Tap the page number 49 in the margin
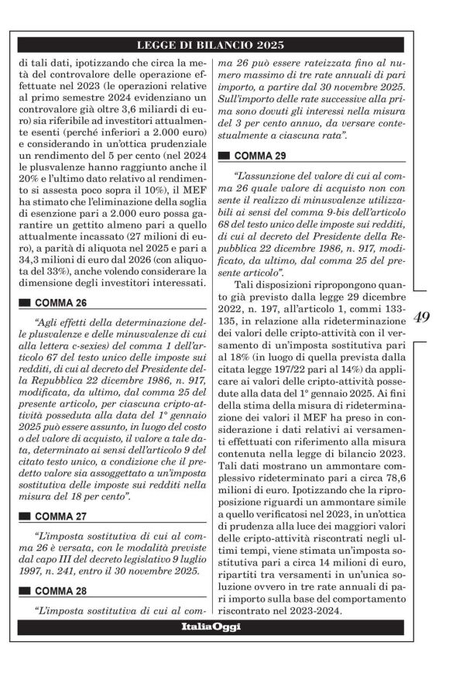tap(422, 316)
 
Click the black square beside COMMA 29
tap(225, 155)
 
